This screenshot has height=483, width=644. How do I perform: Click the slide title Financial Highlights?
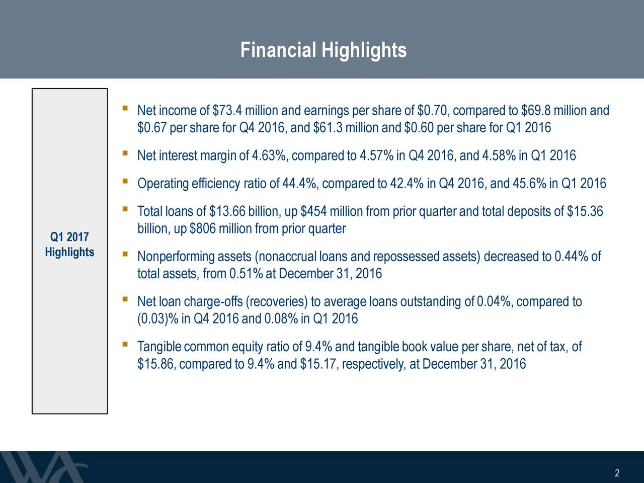323,50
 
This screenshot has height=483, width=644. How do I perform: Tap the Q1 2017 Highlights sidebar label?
69,245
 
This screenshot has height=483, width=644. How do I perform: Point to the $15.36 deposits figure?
585,212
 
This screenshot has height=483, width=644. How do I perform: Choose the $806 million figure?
204,229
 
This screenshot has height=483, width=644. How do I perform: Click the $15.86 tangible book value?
155,364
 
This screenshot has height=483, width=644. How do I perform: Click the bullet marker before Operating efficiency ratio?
124,181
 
